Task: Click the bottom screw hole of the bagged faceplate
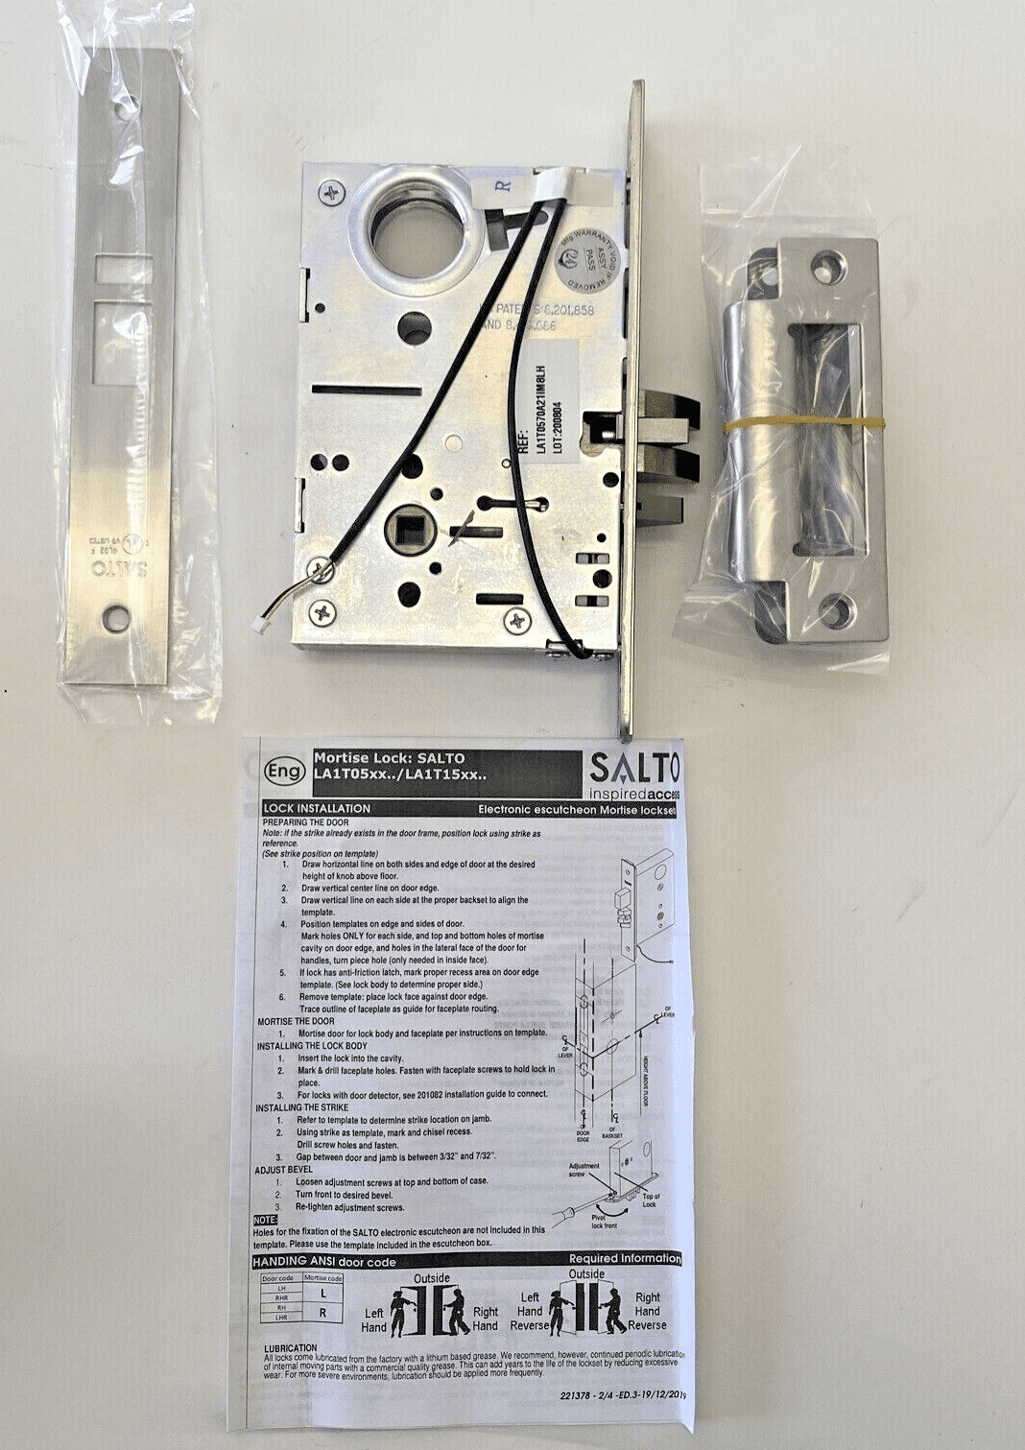[118, 618]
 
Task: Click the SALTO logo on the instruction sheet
[633, 769]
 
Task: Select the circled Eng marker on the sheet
[284, 771]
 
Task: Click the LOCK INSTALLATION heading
[317, 809]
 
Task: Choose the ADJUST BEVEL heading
[286, 1170]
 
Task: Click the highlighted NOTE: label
[265, 1219]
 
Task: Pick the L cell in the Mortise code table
[322, 1294]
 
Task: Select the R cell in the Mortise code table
[322, 1313]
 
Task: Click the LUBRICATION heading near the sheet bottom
[290, 1347]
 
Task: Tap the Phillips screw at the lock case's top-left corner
[332, 192]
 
